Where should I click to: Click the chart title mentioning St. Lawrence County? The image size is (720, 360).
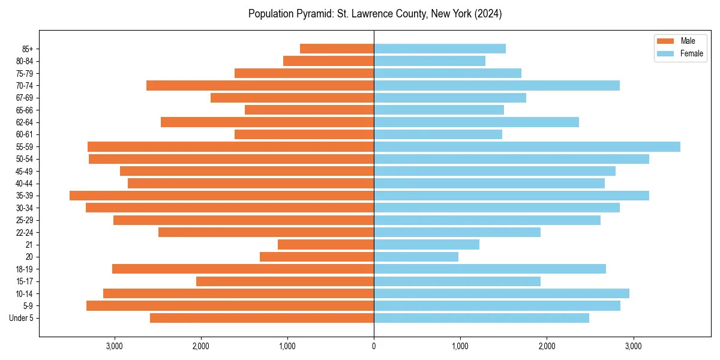tap(375, 14)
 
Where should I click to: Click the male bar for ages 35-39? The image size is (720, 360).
tap(221, 196)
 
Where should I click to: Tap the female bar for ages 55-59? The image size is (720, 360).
tap(527, 147)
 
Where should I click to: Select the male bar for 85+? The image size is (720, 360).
tap(337, 49)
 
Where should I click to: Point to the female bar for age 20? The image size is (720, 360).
tap(416, 257)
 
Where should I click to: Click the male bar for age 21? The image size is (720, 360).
tap(326, 245)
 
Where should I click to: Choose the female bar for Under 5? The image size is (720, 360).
tap(481, 318)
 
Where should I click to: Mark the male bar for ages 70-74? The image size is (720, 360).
tap(260, 86)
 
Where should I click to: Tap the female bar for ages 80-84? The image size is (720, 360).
tap(430, 61)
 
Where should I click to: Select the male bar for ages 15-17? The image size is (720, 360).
tap(285, 281)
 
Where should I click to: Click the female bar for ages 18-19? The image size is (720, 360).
tap(490, 269)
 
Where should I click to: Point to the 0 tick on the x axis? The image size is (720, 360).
tap(374, 346)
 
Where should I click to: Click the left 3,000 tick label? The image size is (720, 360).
tap(114, 346)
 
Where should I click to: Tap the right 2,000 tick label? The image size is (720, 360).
tap(547, 346)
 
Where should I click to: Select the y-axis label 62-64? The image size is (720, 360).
tap(25, 122)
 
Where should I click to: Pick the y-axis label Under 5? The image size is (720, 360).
tap(22, 318)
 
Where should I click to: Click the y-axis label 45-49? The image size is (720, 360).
tap(25, 172)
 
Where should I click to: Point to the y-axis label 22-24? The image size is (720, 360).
tap(25, 233)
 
